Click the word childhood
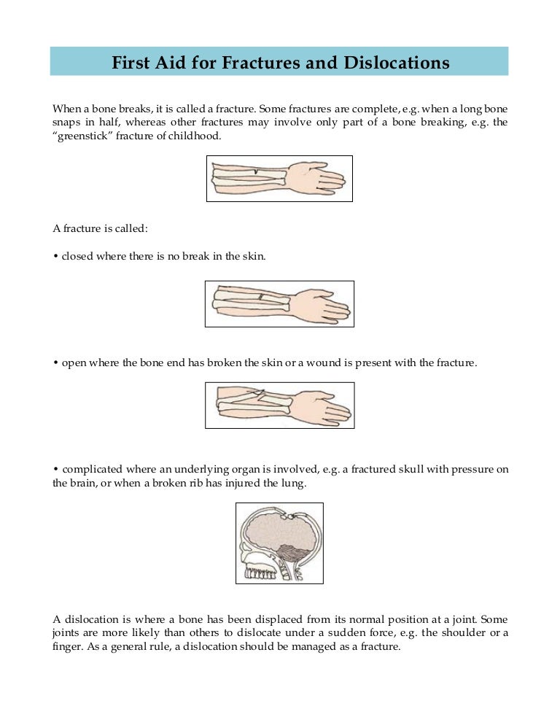click(195, 136)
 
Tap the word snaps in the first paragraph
click(67, 123)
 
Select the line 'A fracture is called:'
click(101, 228)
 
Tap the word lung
click(300, 483)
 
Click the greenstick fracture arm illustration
click(280, 179)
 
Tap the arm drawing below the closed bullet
click(280, 303)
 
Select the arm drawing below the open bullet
click(280, 406)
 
